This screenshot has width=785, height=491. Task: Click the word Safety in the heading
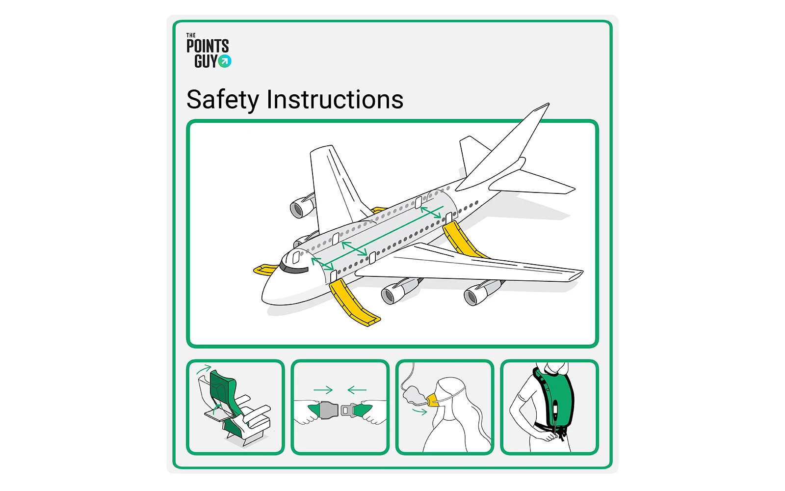tap(223, 100)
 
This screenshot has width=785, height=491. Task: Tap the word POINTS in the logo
tap(208, 46)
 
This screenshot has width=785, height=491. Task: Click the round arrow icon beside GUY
tap(225, 61)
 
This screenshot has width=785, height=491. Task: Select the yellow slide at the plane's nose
tap(265, 270)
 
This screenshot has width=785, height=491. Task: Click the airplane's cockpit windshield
tap(294, 269)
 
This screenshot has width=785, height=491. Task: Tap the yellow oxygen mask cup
tap(433, 400)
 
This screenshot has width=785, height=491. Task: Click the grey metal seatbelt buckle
tap(328, 409)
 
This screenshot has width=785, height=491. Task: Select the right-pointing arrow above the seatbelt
tap(323, 390)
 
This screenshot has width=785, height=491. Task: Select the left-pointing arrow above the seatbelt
tap(357, 390)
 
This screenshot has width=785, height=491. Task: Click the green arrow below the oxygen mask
tap(419, 411)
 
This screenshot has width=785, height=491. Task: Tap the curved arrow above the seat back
tap(204, 369)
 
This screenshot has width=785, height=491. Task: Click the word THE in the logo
tap(191, 35)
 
